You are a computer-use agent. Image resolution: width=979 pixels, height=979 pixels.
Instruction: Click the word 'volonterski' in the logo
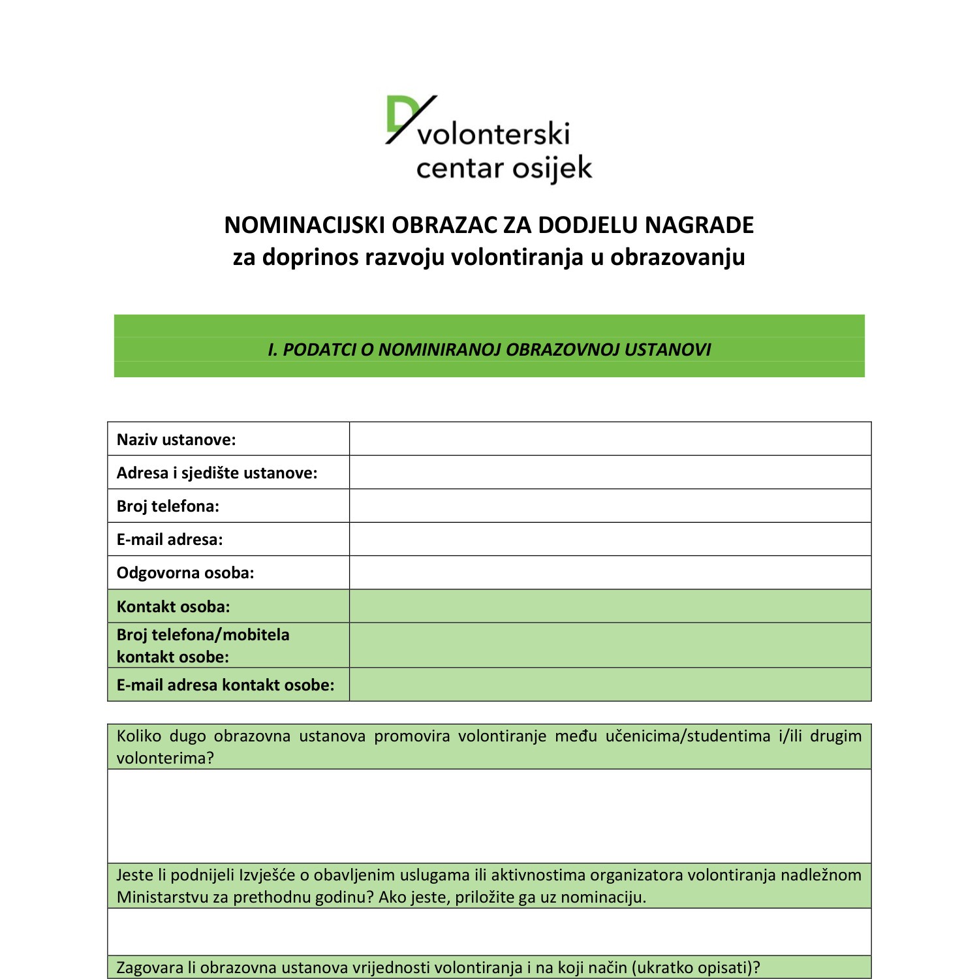pyautogui.click(x=493, y=134)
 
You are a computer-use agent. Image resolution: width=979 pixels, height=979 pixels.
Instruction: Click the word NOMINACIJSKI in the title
pyautogui.click(x=305, y=225)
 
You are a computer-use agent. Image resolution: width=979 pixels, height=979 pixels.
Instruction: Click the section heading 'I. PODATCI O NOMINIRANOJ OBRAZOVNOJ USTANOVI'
pyautogui.click(x=489, y=350)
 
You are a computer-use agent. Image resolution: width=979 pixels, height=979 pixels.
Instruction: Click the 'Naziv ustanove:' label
pyautogui.click(x=176, y=439)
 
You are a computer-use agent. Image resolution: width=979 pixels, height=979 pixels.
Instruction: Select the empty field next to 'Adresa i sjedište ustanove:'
pyautogui.click(x=610, y=473)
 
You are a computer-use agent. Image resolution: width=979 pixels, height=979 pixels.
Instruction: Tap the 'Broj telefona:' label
pyautogui.click(x=168, y=506)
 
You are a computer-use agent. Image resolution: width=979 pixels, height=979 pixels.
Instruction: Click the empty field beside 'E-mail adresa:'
pyautogui.click(x=610, y=540)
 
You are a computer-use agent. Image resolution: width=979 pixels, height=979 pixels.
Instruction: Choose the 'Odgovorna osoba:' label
pyautogui.click(x=185, y=573)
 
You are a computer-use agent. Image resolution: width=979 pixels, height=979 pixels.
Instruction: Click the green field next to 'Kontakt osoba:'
pyautogui.click(x=610, y=606)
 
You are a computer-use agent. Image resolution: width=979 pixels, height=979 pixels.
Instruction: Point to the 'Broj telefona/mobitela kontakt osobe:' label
pyautogui.click(x=203, y=645)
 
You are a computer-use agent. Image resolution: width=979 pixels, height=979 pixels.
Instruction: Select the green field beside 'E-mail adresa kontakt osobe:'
pyautogui.click(x=610, y=685)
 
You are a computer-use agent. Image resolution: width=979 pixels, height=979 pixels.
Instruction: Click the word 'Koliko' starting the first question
pyautogui.click(x=138, y=736)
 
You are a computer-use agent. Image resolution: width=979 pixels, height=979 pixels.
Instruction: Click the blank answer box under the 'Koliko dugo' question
pyautogui.click(x=489, y=816)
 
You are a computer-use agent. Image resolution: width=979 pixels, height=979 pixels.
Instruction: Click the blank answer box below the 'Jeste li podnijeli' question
pyautogui.click(x=489, y=931)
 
